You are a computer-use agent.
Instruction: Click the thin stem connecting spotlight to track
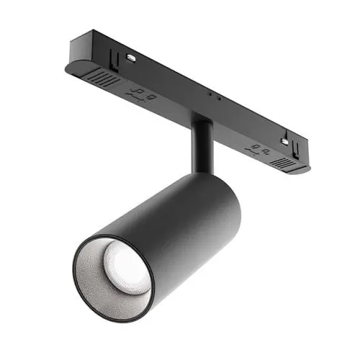coord(201,148)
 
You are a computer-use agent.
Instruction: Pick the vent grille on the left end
coord(100,79)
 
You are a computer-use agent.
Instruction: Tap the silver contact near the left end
coord(131,56)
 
